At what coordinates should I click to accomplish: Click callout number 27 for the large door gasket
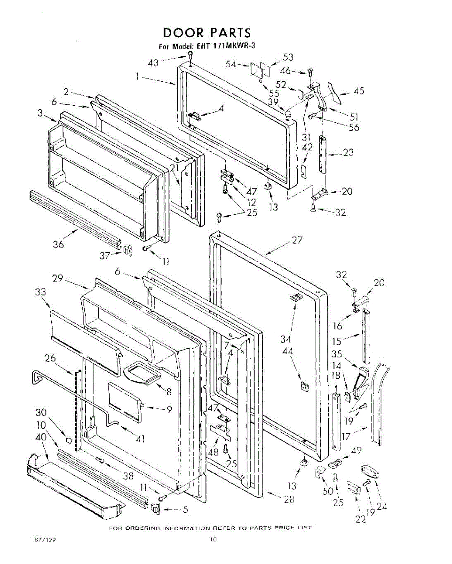coord(297,240)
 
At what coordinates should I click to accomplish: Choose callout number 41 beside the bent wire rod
coord(139,439)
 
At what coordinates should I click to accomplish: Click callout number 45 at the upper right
coord(359,91)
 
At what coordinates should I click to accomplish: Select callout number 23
coord(348,152)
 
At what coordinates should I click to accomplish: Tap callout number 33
coord(40,292)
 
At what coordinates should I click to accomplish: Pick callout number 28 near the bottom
coord(289,499)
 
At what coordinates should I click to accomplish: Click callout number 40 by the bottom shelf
coord(41,437)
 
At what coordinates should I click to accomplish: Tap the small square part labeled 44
coord(304,386)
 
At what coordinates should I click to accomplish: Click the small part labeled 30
coord(69,440)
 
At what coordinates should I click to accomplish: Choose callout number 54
coord(230,65)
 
